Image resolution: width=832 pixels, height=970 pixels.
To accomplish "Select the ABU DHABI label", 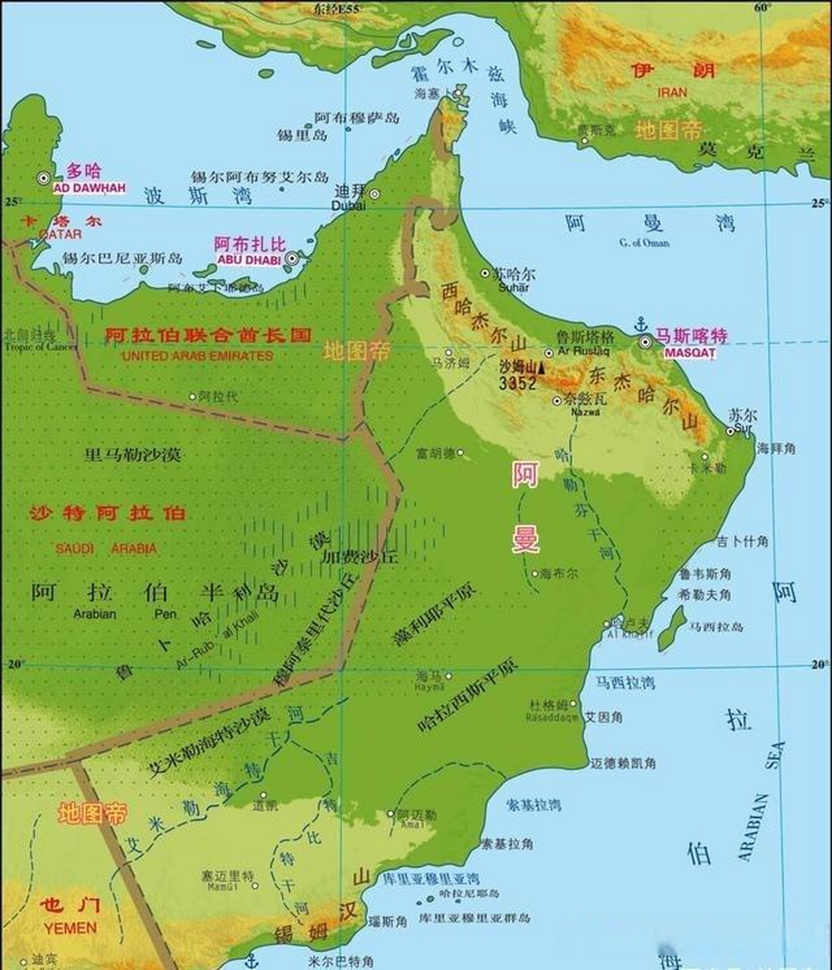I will pos(249,259).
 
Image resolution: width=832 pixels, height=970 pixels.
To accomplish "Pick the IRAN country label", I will pos(672,92).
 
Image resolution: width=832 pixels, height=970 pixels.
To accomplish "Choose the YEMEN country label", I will pos(70,928).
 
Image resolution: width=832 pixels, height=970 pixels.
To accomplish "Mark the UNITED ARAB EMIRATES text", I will pos(197,355).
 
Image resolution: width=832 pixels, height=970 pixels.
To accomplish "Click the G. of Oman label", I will pos(644,242).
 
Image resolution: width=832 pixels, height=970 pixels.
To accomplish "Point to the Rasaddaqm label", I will pos(553,716).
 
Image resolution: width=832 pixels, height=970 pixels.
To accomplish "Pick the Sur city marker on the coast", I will pos(730,431).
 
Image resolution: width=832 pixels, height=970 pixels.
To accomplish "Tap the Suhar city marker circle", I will pos(486,272).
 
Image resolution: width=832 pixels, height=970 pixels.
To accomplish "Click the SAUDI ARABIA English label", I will pos(107,549).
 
